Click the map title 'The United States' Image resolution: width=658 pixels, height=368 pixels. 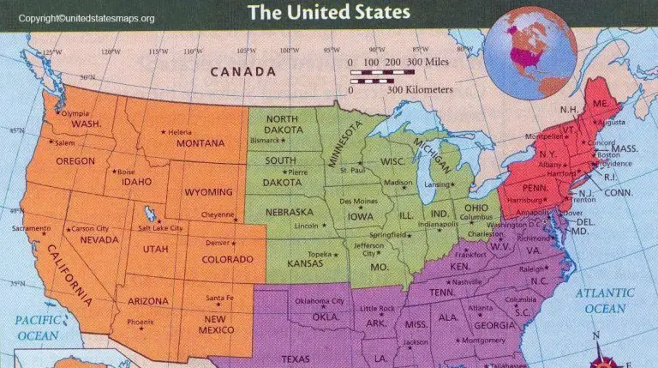[329, 12]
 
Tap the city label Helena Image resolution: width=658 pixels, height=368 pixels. [180, 132]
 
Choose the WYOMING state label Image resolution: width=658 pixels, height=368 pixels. [207, 191]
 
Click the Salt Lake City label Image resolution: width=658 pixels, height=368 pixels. [159, 228]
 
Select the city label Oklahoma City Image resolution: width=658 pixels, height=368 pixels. [320, 301]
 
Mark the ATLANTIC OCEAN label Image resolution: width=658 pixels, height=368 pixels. [604, 300]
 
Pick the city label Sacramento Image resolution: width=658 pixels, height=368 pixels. [31, 229]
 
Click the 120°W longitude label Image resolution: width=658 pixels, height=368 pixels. [110, 52]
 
